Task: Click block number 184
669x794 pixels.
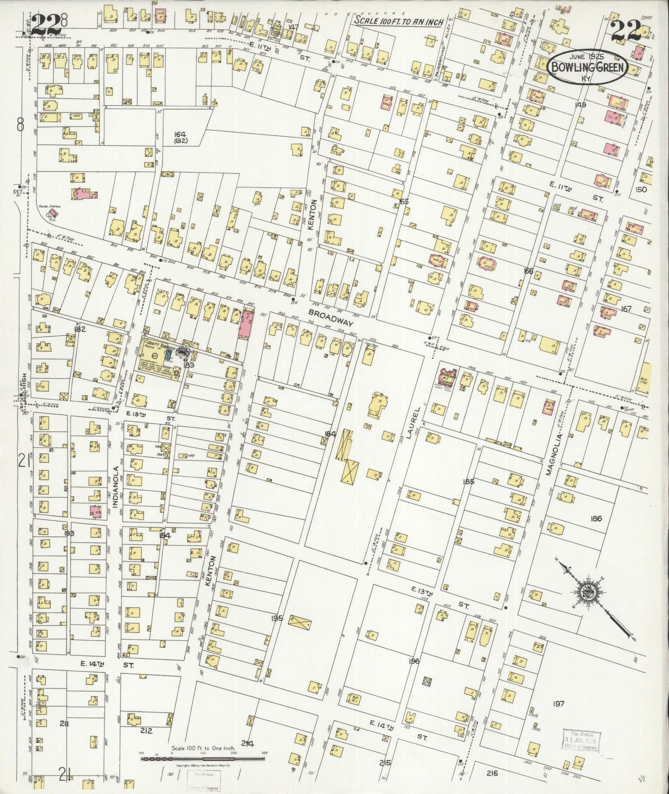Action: pos(330,434)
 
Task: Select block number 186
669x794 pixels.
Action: pos(596,518)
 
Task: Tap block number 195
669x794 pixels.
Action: pos(277,618)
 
